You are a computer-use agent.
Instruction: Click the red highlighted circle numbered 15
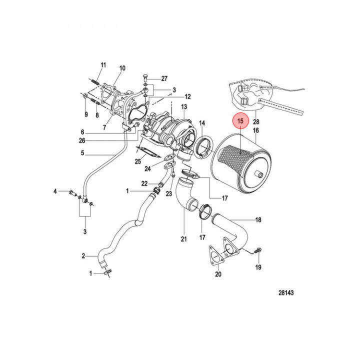240,121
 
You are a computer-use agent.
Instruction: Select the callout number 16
255,131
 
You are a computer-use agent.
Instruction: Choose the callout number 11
103,65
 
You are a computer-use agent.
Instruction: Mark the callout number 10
122,68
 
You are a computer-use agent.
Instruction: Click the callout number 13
183,107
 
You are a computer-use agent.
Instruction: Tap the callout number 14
202,123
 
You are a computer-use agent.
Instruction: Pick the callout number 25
137,161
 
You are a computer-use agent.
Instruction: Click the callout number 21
183,239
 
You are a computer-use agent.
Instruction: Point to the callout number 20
217,274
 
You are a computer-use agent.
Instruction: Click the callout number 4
57,191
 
